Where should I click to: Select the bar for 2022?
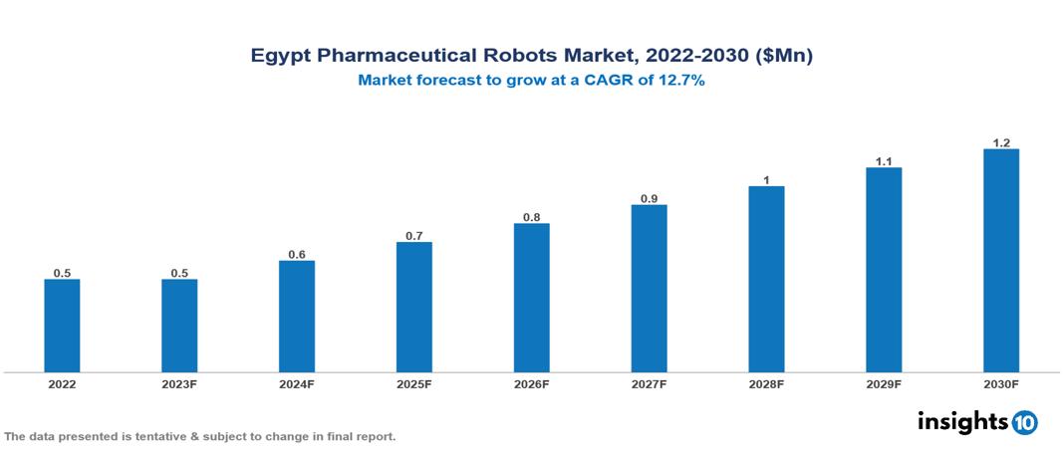(x=62, y=326)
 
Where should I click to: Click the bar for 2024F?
(x=297, y=317)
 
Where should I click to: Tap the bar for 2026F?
(x=532, y=298)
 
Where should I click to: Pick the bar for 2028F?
(x=766, y=279)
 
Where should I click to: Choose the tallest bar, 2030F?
(x=1001, y=261)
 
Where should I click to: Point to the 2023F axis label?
(x=179, y=383)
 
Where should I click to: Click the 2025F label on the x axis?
(x=414, y=383)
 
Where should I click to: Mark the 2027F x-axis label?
(x=649, y=383)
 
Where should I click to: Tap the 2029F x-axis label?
(x=884, y=383)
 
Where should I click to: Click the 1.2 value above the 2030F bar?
(x=1001, y=142)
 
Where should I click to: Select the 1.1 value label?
(x=884, y=161)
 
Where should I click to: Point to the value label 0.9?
(x=649, y=198)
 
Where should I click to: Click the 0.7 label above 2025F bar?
(x=414, y=236)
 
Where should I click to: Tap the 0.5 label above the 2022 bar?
(x=62, y=273)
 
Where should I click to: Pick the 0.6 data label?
(x=297, y=254)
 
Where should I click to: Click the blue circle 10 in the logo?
(x=1024, y=422)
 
